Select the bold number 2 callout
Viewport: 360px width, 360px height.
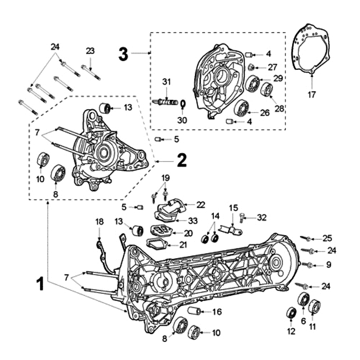point(181,160)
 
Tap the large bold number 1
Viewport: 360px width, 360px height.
point(40,284)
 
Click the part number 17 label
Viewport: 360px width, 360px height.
point(312,94)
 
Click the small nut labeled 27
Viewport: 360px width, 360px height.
point(250,67)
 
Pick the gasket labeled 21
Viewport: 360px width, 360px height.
point(156,243)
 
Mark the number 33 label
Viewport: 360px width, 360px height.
point(193,220)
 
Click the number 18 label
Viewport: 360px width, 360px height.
point(99,221)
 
